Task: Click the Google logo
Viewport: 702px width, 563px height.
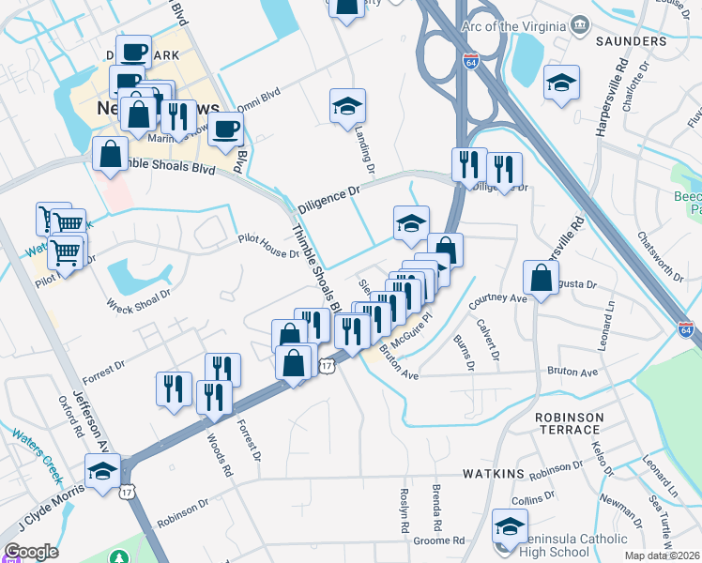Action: coord(31,552)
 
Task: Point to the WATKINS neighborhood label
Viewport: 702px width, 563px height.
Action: coord(493,475)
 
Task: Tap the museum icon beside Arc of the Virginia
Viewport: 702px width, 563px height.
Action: coord(579,24)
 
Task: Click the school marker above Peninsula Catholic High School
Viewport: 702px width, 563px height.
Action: coord(511,525)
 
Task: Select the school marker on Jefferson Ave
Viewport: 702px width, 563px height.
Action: coord(102,472)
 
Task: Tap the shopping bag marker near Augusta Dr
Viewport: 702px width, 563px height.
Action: coord(542,280)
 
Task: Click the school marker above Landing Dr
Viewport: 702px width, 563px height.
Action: coord(347,107)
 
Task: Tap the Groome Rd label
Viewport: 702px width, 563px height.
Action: coord(446,540)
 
